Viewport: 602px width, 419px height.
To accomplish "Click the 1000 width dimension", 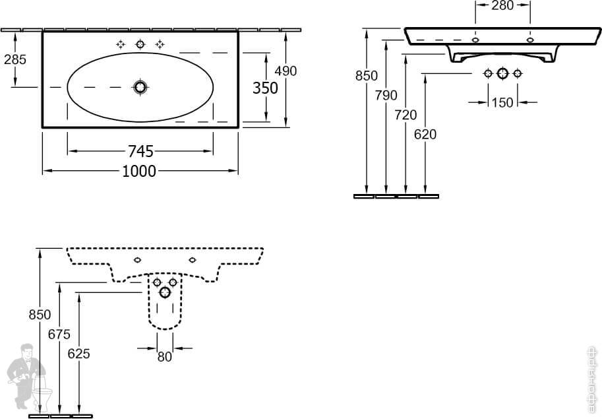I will click(x=139, y=172).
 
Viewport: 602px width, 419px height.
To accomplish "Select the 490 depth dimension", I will click(x=286, y=71).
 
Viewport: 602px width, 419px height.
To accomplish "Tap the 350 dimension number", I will click(x=265, y=88).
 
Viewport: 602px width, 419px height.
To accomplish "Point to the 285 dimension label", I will click(x=15, y=59).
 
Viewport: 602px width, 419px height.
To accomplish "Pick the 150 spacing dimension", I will click(x=502, y=102).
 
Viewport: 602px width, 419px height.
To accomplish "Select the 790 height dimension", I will click(x=386, y=95).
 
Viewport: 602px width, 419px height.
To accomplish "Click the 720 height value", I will click(x=406, y=115).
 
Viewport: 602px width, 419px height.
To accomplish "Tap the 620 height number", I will click(x=425, y=135).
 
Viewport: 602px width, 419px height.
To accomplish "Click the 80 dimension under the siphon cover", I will click(x=164, y=356).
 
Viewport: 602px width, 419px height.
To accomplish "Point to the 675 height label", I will click(x=59, y=334).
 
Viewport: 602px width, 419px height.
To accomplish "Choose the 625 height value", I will click(x=78, y=354).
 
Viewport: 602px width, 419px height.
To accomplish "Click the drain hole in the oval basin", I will click(x=140, y=87).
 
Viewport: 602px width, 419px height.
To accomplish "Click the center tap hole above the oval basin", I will click(x=140, y=44).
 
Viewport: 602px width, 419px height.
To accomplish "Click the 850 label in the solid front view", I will click(x=367, y=75).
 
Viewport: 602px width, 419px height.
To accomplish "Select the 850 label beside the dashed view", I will click(x=40, y=315).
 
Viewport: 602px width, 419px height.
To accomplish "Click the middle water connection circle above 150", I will click(x=502, y=73).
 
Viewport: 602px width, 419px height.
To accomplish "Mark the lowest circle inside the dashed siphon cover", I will click(x=164, y=292).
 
